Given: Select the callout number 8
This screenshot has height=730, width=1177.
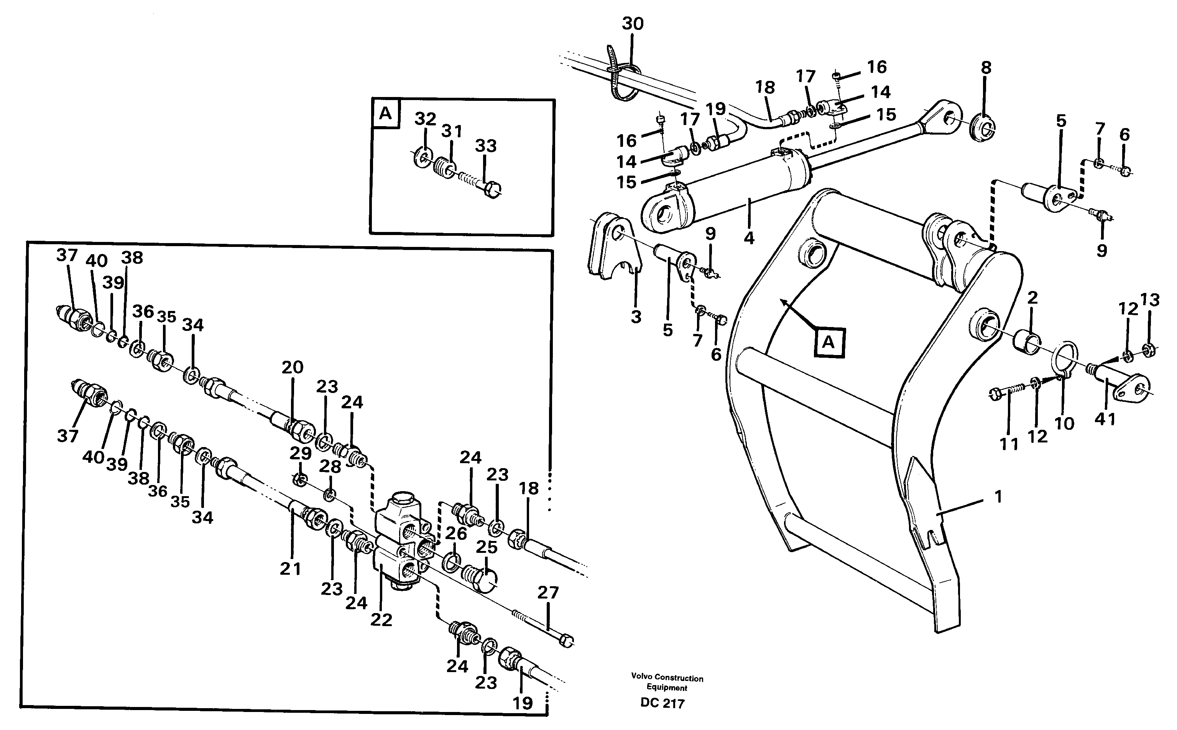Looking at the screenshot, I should click(x=986, y=67).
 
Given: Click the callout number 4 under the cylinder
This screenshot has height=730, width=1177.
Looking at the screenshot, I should click(x=749, y=238).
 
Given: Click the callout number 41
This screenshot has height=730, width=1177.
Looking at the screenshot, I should click(x=1105, y=419).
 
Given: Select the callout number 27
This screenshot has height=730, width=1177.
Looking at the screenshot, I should click(x=548, y=592).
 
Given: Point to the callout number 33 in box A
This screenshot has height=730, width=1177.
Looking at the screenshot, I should click(x=486, y=145).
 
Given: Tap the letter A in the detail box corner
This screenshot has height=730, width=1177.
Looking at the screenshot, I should click(x=385, y=113).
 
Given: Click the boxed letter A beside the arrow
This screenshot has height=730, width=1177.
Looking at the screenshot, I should click(x=829, y=342).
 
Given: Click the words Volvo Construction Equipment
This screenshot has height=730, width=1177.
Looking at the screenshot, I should click(x=667, y=683).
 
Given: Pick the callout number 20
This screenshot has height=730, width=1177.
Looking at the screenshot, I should click(x=292, y=367).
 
